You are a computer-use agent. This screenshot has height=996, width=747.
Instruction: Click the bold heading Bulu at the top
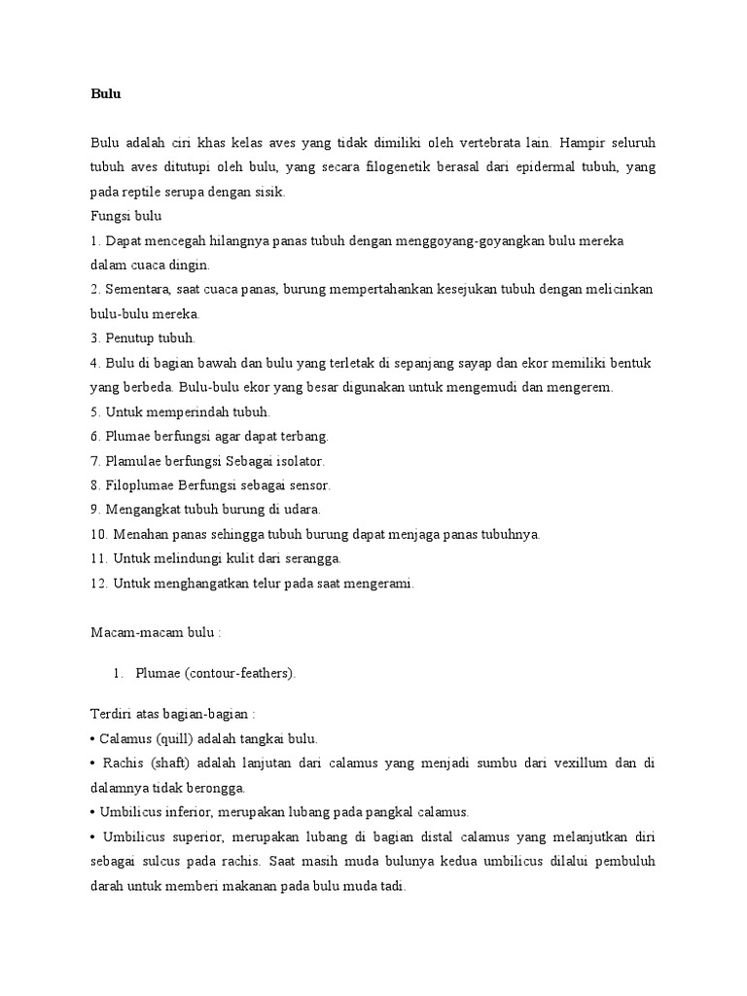pos(105,94)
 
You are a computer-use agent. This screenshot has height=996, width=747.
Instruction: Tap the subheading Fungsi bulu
pos(126,216)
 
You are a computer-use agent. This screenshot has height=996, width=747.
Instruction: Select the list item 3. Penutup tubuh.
pos(144,338)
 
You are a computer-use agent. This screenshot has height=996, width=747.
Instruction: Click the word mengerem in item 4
pos(582,387)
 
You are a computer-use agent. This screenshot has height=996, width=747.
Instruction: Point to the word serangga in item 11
pos(311,558)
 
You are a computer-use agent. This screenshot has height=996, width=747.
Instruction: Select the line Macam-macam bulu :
pos(157,632)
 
